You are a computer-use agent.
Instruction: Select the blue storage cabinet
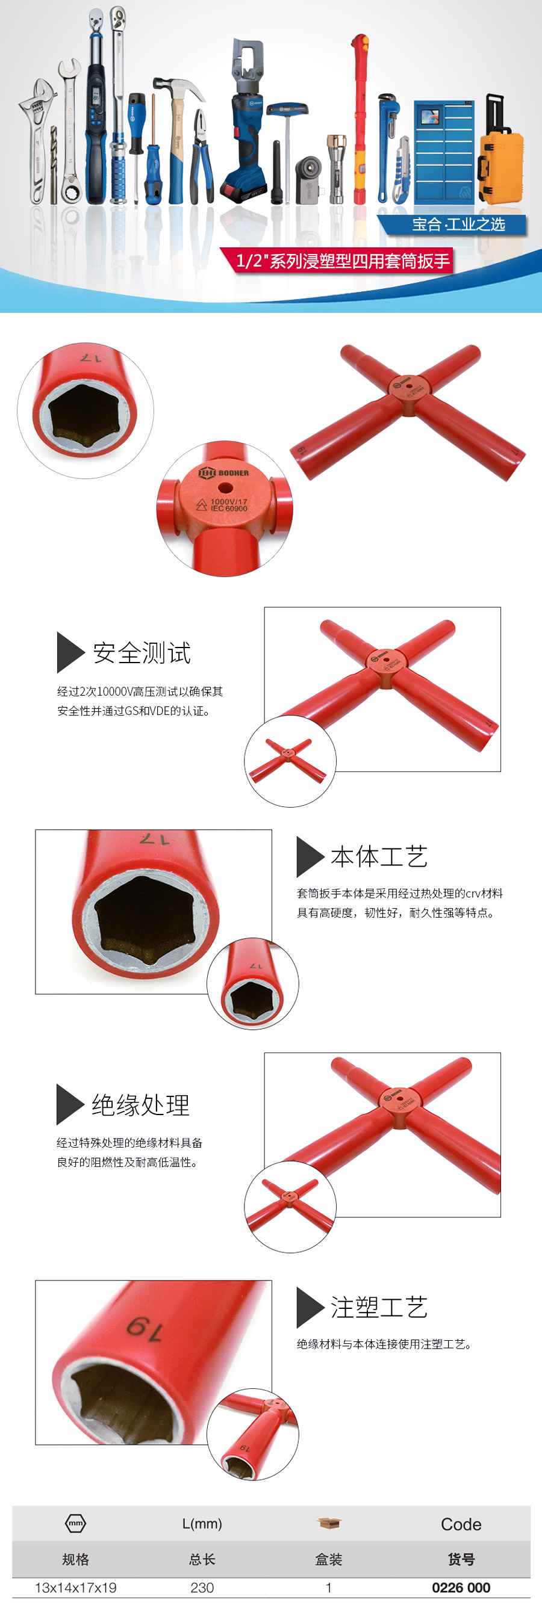coord(444,150)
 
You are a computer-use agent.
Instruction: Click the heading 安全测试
coord(142,653)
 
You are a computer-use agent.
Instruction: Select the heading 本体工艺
coord(379,856)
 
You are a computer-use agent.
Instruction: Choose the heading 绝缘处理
coord(141,1104)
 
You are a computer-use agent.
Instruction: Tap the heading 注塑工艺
coord(379,1307)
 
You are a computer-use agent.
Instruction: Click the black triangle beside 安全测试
coord(70,652)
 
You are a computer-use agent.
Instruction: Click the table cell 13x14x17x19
coord(76,1587)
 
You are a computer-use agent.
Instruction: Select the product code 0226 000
coord(461,1587)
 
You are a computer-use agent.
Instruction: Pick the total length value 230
coord(202,1587)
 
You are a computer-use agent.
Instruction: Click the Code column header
coord(461,1524)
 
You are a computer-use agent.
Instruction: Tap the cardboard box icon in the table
coord(329,1523)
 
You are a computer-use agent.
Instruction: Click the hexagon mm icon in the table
coord(76,1523)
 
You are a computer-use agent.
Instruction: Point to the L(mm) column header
coord(202,1524)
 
